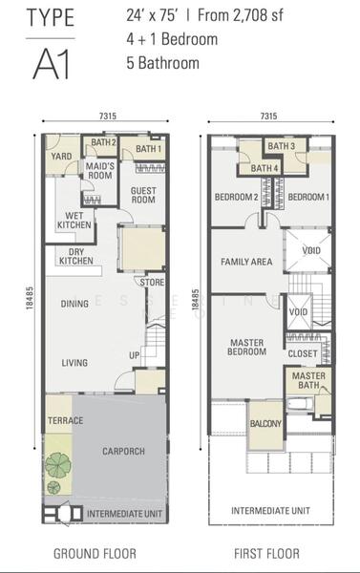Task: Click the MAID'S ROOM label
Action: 99,171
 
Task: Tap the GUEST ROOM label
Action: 143,195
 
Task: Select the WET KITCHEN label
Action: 74,221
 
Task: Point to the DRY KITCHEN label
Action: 76,256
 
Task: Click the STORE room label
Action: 152,282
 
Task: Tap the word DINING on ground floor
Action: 74,304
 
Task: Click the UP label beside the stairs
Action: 134,355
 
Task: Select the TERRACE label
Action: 66,420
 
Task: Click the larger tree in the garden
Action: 58,464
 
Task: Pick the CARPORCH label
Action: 123,451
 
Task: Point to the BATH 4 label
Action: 265,168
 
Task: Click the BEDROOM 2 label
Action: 236,197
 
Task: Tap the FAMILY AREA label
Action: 246,262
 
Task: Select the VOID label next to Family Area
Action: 311,250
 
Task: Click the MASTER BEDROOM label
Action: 246,348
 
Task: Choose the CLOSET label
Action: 303,353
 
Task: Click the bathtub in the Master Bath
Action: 300,405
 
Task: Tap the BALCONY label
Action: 265,423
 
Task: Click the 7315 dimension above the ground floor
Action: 108,116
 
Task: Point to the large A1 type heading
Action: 52,64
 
